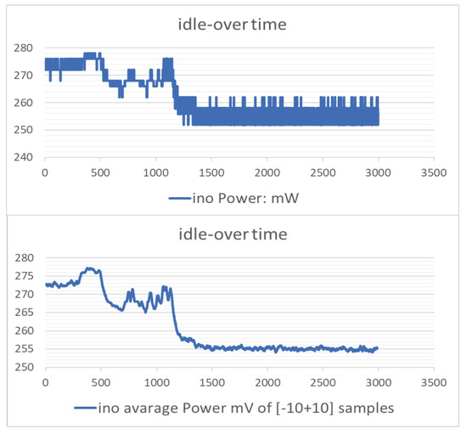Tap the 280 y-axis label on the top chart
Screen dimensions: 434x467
point(26,48)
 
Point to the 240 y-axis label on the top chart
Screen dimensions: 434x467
point(26,157)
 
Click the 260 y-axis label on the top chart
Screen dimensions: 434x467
point(26,103)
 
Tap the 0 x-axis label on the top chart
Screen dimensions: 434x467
point(45,172)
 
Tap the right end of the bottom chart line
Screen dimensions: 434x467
point(378,348)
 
